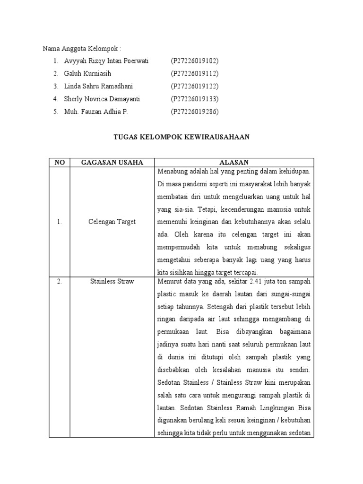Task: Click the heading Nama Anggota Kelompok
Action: pos(82,48)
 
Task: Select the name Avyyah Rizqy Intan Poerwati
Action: pos(106,61)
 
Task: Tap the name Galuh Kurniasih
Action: pos(88,74)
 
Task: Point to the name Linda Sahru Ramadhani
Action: pos(98,86)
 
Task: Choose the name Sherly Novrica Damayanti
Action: pos(102,99)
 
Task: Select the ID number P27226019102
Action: pos(194,61)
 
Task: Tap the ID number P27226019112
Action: pos(194,74)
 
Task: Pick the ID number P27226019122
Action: pos(194,86)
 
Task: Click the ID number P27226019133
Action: pos(194,99)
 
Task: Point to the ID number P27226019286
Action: pos(194,112)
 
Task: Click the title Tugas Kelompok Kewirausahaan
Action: pos(181,137)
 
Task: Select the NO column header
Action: pos(60,162)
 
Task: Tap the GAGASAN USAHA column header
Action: pos(112,162)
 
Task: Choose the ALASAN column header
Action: pos(232,162)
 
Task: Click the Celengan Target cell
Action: pos(112,222)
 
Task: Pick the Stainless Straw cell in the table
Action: pos(112,282)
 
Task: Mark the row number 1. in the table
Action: pos(60,222)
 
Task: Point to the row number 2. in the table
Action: pos(60,282)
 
